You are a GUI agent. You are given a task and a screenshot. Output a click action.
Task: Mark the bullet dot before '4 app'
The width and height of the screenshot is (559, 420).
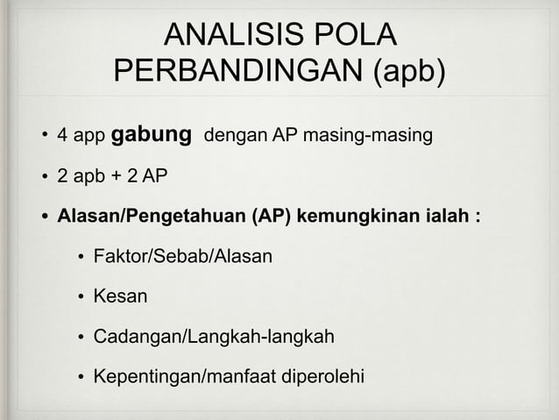[x=42, y=138]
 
